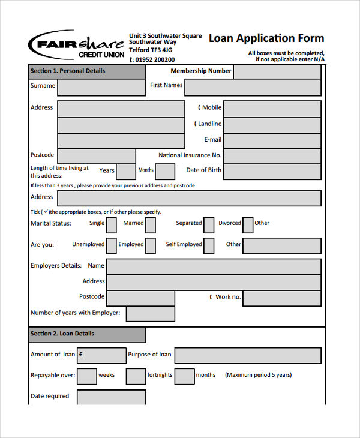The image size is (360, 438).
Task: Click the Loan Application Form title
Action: point(266,38)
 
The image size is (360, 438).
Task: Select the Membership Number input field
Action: point(277,71)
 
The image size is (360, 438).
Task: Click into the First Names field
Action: point(253,87)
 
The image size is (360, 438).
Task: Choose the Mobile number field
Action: point(272,109)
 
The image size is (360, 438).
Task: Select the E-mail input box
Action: point(272,140)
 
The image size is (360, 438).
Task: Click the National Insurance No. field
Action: point(272,156)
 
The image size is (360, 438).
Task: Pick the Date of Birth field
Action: point(272,172)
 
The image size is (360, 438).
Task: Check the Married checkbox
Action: point(151,224)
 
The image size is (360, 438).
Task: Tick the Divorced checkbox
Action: point(248,224)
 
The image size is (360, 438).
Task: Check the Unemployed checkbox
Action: point(112,246)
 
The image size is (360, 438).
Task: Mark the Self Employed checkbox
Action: point(209,246)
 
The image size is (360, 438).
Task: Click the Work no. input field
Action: point(283,298)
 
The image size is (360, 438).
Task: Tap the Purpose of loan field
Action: point(247,356)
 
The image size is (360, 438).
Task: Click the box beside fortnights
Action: point(136,376)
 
